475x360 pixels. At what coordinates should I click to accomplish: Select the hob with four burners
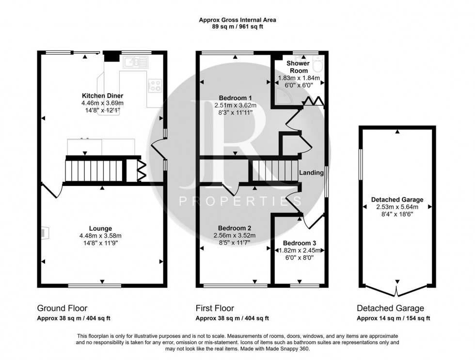[156, 85]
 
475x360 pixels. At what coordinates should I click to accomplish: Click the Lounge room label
[101, 229]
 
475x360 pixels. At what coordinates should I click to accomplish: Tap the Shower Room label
[298, 67]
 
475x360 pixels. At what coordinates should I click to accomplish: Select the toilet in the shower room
[318, 63]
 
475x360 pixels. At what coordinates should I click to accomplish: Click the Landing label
[311, 172]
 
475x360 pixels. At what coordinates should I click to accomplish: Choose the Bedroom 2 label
[235, 228]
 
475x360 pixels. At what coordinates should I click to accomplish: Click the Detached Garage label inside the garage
[397, 199]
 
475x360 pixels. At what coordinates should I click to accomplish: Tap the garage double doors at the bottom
[397, 290]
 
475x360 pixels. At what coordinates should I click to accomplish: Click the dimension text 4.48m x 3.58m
[101, 236]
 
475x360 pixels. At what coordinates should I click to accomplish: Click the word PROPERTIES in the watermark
[237, 201]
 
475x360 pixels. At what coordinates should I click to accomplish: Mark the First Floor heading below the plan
[215, 308]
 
